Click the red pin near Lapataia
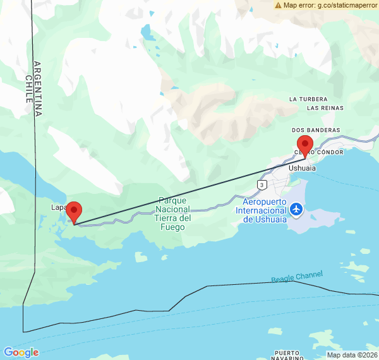pyautogui.click(x=74, y=212)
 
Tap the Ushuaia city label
pyautogui.click(x=301, y=169)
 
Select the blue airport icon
pyautogui.click(x=296, y=208)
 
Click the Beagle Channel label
pyautogui.click(x=297, y=277)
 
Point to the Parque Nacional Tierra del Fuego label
pyautogui.click(x=172, y=213)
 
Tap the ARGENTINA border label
pyautogui.click(x=38, y=88)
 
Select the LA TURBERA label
pyautogui.click(x=308, y=99)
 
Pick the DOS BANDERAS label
pyautogui.click(x=316, y=130)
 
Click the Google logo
pyautogui.click(x=21, y=352)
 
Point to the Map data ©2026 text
pyautogui.click(x=351, y=355)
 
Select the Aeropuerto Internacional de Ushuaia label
pyautogui.click(x=265, y=210)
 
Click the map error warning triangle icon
pyautogui.click(x=278, y=5)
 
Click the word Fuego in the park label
pyautogui.click(x=172, y=227)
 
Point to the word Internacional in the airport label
pyautogui.click(x=265, y=210)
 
